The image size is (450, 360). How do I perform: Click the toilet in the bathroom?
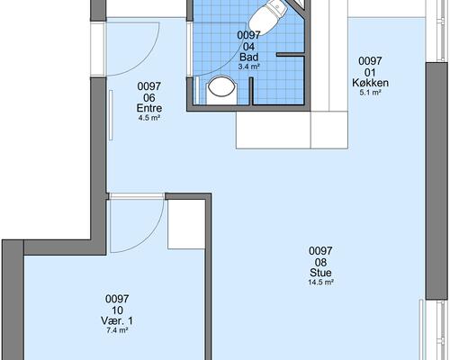(266, 15)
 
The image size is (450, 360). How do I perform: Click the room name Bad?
(249, 57)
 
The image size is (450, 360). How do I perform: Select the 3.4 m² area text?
(249, 67)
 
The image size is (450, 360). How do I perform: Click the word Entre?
(149, 108)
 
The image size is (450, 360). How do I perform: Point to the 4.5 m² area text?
(148, 118)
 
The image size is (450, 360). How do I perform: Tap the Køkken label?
(370, 83)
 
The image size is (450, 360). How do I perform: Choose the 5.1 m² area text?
(370, 93)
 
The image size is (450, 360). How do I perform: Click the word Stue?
(320, 273)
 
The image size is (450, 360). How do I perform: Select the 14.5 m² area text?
(321, 283)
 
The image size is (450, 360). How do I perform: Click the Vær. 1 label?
(117, 321)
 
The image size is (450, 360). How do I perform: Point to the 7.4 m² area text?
(117, 330)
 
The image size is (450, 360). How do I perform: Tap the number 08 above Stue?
(320, 262)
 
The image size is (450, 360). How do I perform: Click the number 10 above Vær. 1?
(117, 310)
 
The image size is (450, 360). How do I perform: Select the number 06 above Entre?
(149, 98)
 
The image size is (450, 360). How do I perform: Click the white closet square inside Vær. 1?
(186, 224)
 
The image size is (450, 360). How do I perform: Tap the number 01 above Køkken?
(370, 72)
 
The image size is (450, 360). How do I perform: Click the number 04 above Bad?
(249, 47)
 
